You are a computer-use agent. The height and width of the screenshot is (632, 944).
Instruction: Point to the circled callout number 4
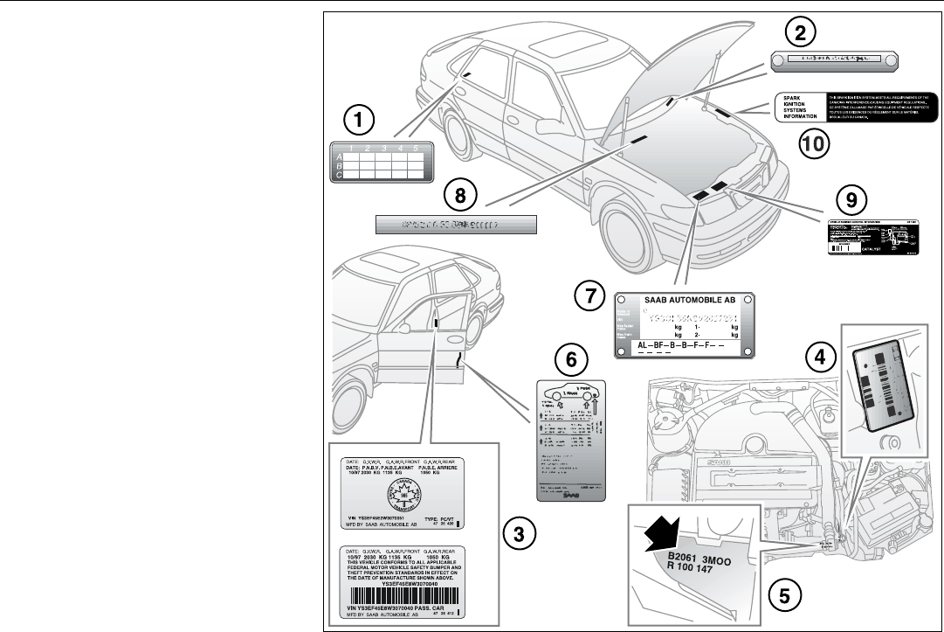pos(818,354)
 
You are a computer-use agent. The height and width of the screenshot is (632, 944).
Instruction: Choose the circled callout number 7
pos(592,296)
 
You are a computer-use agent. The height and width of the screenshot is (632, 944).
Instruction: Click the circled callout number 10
pos(814,142)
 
